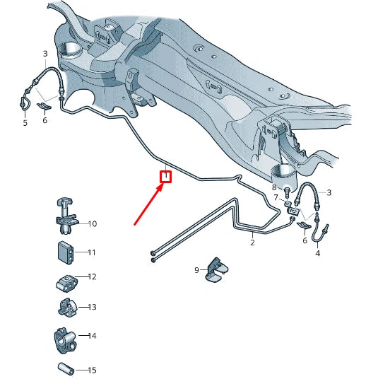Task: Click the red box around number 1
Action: click(166, 175)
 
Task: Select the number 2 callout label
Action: click(252, 243)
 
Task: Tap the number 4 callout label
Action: click(317, 253)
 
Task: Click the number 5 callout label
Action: click(25, 123)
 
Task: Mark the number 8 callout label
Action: click(274, 187)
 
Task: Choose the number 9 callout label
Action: click(197, 270)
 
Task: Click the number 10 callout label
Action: click(92, 224)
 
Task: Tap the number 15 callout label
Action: click(92, 370)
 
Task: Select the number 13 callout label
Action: click(92, 307)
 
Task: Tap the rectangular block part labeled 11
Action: click(66, 252)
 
